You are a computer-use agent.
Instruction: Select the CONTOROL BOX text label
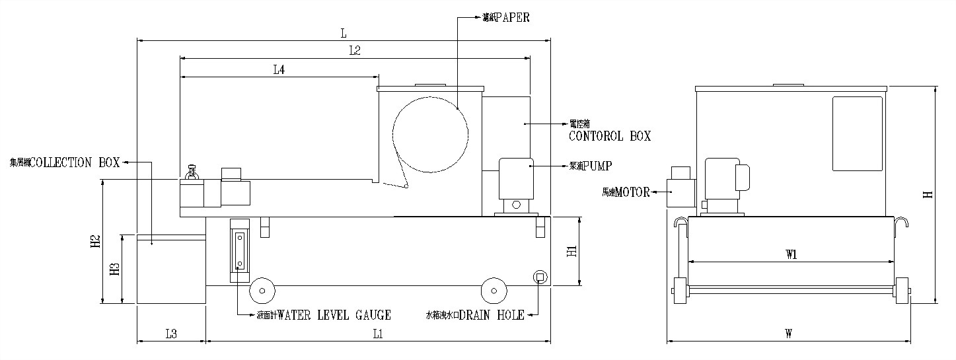[x=609, y=136]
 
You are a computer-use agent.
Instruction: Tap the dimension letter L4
[x=279, y=69]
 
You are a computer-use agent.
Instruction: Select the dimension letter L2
[x=354, y=50]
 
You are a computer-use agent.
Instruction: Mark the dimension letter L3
[x=170, y=334]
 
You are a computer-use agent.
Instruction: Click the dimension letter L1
[x=377, y=334]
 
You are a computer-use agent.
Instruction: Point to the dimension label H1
[x=572, y=251]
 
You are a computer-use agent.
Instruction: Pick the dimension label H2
[x=94, y=242]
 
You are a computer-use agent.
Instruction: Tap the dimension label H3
[x=115, y=268]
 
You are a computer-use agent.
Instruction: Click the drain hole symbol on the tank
[x=539, y=277]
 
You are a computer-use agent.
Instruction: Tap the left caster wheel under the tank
[x=262, y=289]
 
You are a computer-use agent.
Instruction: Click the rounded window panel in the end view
[x=857, y=133]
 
